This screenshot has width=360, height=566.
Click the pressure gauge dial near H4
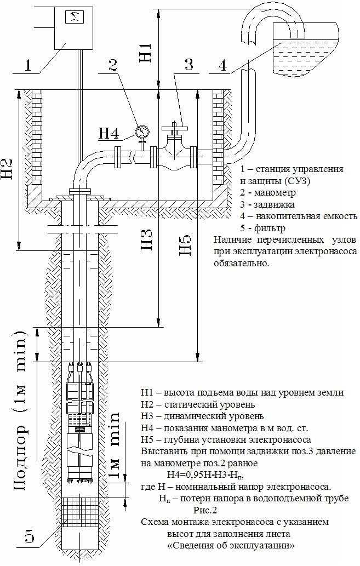pyautogui.click(x=142, y=132)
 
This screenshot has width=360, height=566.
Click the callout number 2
pyautogui.click(x=113, y=65)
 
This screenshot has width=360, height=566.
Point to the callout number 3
pyautogui.click(x=188, y=64)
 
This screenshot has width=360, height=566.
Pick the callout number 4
pyautogui.click(x=222, y=65)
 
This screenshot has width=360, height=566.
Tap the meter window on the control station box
pyautogui.click(x=72, y=17)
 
